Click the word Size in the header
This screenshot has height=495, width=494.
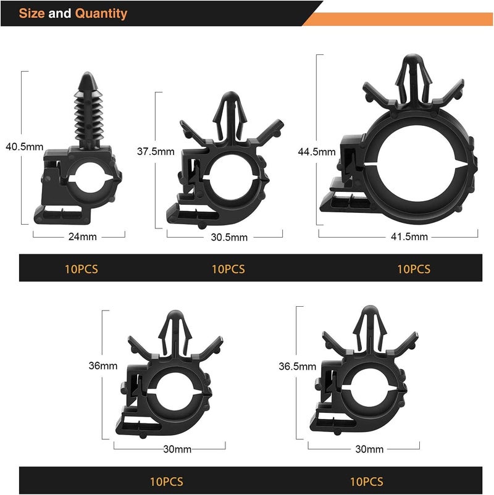[31, 13]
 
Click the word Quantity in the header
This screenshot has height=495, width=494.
[101, 14]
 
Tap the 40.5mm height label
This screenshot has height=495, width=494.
[24, 147]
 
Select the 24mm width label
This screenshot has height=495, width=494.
[83, 236]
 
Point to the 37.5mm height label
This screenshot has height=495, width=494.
[156, 152]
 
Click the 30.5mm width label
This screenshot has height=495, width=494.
[229, 237]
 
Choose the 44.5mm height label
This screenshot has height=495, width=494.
[317, 152]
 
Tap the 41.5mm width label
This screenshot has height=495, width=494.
[409, 236]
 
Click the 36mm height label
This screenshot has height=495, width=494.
[103, 365]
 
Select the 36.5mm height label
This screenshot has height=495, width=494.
[297, 366]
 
